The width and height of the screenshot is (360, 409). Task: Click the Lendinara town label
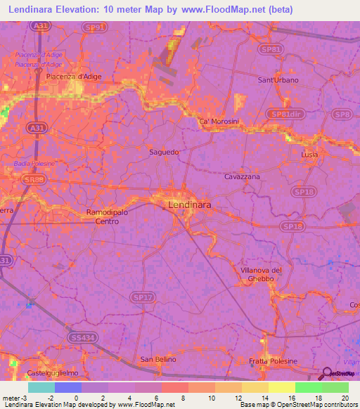click(x=189, y=205)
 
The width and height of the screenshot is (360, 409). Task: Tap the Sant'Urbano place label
click(x=278, y=80)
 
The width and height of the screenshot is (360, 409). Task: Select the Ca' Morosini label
click(x=219, y=122)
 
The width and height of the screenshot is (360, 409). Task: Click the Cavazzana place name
click(x=242, y=177)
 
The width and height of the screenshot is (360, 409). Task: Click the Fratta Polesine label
click(x=274, y=361)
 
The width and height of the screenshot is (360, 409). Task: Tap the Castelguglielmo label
click(x=50, y=372)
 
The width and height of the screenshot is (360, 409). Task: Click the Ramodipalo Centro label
click(x=103, y=216)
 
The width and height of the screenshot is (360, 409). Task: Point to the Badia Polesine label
click(x=34, y=164)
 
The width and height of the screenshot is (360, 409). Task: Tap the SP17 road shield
click(x=143, y=298)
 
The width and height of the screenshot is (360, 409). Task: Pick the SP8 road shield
click(x=342, y=114)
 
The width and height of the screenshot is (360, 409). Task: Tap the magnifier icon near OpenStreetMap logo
click(x=326, y=374)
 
